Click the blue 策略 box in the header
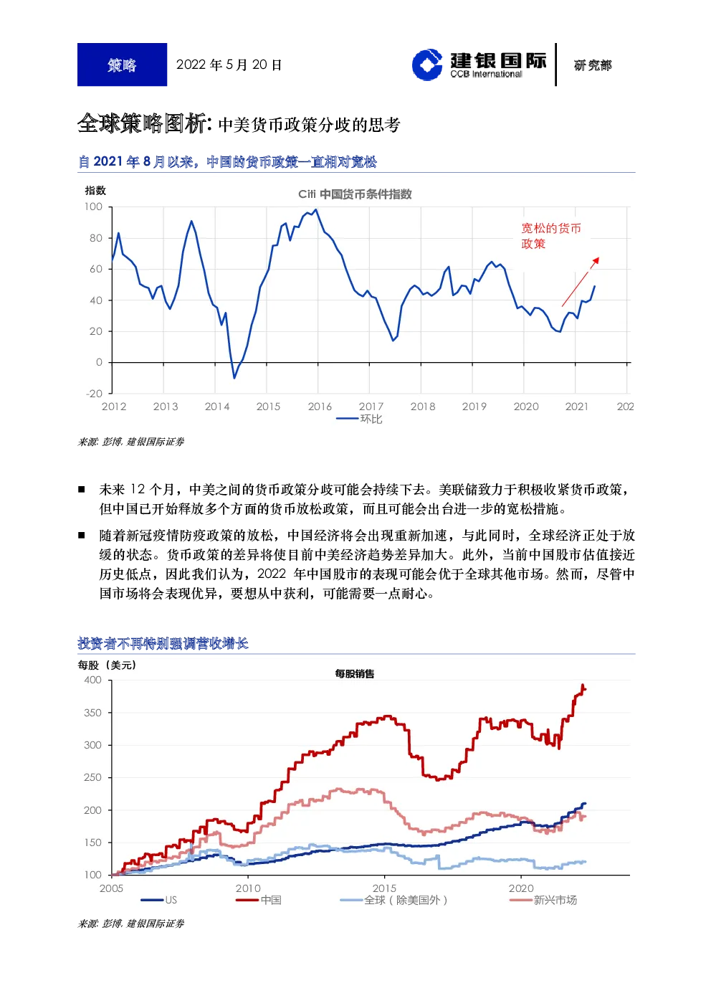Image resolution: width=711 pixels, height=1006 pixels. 122,65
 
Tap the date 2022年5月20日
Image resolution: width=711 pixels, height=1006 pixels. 229,65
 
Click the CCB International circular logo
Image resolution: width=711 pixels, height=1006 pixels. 427,65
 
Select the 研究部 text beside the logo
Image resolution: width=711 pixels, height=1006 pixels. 593,65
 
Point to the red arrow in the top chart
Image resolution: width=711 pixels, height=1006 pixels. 581,282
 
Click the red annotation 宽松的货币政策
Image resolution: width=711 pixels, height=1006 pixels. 550,236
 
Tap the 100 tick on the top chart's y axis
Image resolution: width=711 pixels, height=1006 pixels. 93,207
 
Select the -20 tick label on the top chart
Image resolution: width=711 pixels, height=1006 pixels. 95,394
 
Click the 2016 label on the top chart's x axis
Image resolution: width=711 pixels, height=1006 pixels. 320,407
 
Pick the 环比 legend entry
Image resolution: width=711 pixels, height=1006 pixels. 360,419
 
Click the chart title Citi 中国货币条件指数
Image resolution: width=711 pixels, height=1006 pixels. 355,194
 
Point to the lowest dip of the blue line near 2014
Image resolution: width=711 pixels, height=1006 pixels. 234,378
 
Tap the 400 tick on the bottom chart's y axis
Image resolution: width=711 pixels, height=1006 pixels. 93,680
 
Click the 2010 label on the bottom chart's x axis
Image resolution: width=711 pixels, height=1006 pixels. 248,889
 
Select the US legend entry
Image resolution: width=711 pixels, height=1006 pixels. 159,900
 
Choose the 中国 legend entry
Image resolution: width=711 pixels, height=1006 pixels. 259,900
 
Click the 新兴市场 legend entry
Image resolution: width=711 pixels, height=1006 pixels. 543,900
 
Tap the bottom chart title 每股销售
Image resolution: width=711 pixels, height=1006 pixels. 355,674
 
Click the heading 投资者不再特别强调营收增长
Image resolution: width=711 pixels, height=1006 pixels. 163,644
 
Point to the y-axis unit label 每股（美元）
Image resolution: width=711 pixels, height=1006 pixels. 107,665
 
